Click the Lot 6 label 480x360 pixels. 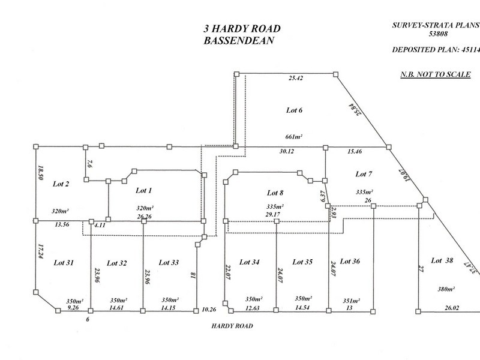coord(293,110)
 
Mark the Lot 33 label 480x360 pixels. coord(169,262)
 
